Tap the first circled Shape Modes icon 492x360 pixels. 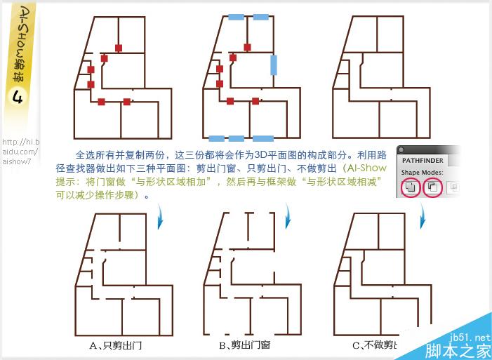[x=412, y=187]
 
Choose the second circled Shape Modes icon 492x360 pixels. [x=433, y=187]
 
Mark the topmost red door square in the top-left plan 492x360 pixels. [x=119, y=48]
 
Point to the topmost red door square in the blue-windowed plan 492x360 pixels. [x=246, y=47]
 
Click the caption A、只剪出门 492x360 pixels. [x=116, y=345]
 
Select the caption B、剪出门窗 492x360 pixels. [x=244, y=345]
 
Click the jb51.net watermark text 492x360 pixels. [x=472, y=338]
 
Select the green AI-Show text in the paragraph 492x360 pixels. [x=364, y=168]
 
